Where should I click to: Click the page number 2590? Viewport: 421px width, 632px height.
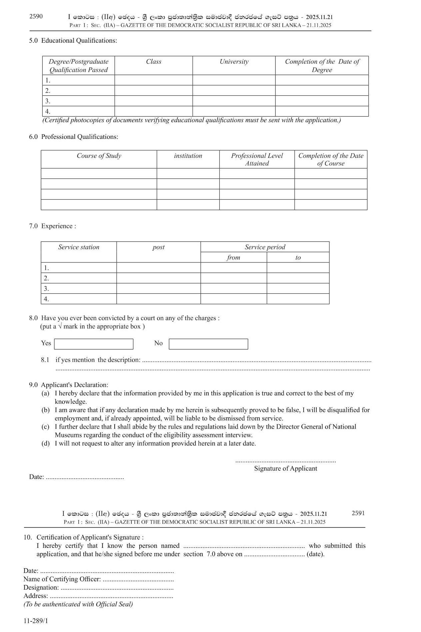click(x=36, y=16)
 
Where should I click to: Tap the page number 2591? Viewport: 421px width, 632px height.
click(x=358, y=513)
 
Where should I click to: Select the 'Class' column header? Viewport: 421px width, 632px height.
click(x=154, y=62)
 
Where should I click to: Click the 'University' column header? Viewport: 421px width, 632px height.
click(x=234, y=62)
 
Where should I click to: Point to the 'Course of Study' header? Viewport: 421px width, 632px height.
click(x=99, y=156)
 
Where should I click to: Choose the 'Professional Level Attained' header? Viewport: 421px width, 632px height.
click(x=257, y=160)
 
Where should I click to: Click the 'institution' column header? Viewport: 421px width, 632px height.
click(x=188, y=156)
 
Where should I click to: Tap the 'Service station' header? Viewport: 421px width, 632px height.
click(x=79, y=247)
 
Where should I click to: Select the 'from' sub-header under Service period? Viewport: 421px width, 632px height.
click(x=233, y=258)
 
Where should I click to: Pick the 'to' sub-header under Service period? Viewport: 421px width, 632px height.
click(x=298, y=258)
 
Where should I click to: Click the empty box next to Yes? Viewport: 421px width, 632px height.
click(x=94, y=344)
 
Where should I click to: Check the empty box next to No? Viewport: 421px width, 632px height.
click(x=208, y=344)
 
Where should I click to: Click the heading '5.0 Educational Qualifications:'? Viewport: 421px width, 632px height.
click(x=73, y=41)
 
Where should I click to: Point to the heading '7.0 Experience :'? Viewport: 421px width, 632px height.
click(x=53, y=226)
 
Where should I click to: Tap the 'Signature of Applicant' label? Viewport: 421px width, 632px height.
click(x=286, y=469)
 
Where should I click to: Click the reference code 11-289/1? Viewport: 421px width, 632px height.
click(x=36, y=621)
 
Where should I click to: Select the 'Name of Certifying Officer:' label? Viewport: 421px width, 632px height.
click(x=62, y=579)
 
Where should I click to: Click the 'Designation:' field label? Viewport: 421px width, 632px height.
click(x=41, y=588)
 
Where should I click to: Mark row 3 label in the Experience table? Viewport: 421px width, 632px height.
click(x=46, y=289)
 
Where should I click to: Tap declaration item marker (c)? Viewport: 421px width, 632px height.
click(x=46, y=427)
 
